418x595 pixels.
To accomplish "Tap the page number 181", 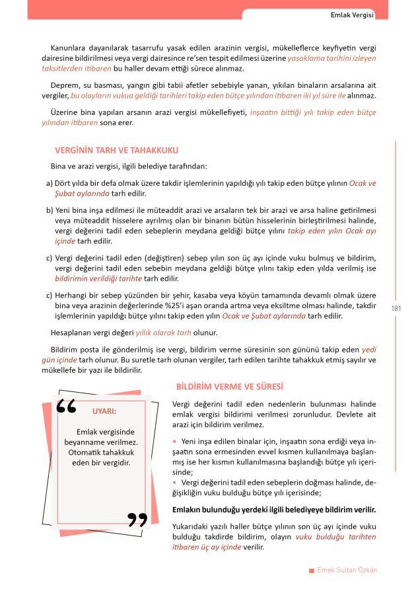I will (x=397, y=308).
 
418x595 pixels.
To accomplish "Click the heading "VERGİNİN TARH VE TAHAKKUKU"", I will (x=116, y=151).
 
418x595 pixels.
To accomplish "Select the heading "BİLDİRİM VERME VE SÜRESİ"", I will (x=229, y=386).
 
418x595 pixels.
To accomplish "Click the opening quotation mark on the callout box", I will (x=67, y=407).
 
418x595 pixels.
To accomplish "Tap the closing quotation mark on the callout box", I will (x=137, y=519).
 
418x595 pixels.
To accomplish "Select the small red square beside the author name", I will (x=311, y=571).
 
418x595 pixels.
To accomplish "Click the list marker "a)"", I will (x=50, y=183).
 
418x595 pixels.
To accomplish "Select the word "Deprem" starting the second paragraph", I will (x=64, y=85).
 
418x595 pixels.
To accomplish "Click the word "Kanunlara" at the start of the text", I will (x=69, y=48).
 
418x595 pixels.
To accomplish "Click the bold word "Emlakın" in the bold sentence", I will (x=187, y=510).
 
